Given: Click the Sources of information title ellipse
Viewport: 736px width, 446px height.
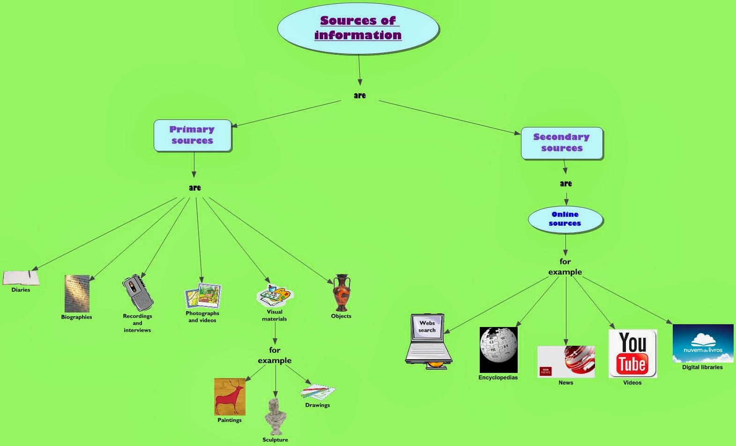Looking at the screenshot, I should click(358, 28).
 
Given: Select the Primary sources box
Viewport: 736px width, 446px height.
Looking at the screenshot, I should click(193, 135).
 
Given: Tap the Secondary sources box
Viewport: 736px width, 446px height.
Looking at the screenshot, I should click(562, 143).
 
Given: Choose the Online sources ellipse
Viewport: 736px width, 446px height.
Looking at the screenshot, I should click(565, 219).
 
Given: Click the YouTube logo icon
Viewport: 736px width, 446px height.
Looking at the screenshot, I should click(632, 354).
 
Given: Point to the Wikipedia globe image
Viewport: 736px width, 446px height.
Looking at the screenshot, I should click(498, 349).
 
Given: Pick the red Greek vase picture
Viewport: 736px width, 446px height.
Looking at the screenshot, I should click(342, 293).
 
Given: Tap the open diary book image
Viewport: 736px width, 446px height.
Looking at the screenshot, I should click(21, 278).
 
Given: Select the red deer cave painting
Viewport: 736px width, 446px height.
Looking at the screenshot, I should click(230, 397).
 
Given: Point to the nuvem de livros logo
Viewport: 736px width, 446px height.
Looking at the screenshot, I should click(703, 343).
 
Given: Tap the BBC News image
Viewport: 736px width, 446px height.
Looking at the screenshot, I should click(566, 362).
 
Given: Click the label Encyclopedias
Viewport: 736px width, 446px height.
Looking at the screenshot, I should click(498, 378).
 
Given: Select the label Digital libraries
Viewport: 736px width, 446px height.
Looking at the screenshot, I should click(702, 367).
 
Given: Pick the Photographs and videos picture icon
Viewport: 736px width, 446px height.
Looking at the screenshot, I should click(203, 296).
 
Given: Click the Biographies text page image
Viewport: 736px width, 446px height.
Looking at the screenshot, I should click(77, 293).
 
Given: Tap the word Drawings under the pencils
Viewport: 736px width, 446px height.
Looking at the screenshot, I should click(317, 405).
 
